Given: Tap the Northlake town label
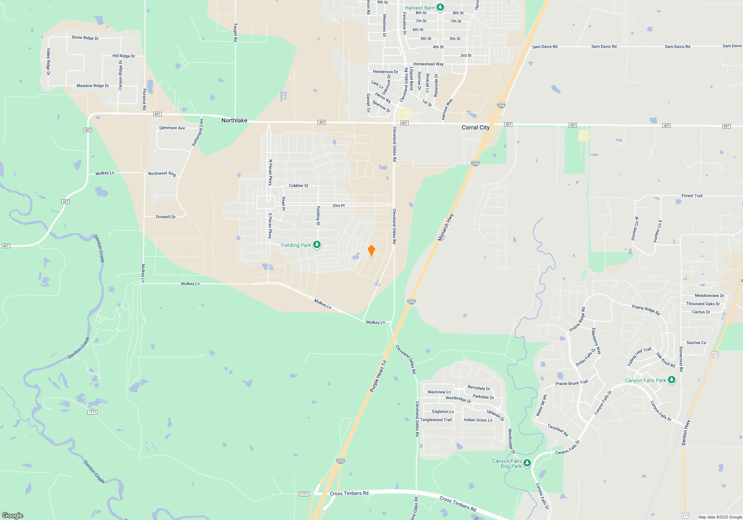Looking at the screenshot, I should [x=234, y=120].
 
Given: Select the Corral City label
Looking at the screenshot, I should [x=476, y=127].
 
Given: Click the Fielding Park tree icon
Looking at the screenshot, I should [x=317, y=244].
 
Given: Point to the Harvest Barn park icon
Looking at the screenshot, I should [x=440, y=7].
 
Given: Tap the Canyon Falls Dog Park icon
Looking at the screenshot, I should [x=527, y=463].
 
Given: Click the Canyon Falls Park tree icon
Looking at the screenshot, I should [x=671, y=380].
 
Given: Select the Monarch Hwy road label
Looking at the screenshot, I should [x=445, y=227].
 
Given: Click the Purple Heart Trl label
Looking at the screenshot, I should [x=378, y=376].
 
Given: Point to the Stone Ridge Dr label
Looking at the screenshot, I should [x=85, y=38].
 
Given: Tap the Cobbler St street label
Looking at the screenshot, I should [x=298, y=186].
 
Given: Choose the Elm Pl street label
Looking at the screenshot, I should [x=339, y=205].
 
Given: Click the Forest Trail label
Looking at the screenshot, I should [x=692, y=196].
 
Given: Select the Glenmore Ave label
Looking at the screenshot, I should [x=172, y=128].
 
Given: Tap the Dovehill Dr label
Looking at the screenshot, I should [x=166, y=217].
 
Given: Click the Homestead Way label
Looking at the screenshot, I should [x=428, y=64].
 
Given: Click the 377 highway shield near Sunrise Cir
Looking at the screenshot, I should [x=714, y=355].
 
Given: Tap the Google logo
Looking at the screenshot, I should [x=13, y=515].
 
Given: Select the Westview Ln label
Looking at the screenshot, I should [x=439, y=392].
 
